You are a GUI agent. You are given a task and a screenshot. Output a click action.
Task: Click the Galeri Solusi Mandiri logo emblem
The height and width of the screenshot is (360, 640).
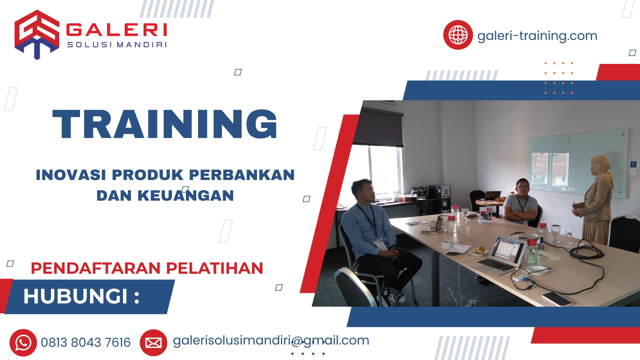click(x=37, y=34)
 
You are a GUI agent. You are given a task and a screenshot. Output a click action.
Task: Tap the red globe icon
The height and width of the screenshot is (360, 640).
click(x=458, y=35)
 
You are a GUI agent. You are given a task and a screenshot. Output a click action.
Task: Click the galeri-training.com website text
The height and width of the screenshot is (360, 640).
click(x=537, y=36)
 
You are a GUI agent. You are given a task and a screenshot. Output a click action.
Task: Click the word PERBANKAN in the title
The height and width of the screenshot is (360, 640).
click(x=242, y=175)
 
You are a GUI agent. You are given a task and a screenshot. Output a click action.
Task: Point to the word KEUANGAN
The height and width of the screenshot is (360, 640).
click(x=186, y=196)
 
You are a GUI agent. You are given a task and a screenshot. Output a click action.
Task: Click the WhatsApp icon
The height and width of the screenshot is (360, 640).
click(x=23, y=343)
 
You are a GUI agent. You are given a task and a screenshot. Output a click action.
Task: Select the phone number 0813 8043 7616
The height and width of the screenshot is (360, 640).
click(x=86, y=343)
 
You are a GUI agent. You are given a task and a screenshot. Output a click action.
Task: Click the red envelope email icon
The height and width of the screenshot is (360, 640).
click(x=153, y=343)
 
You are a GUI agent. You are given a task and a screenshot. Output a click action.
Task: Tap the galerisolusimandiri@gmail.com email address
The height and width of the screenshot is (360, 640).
click(x=271, y=340)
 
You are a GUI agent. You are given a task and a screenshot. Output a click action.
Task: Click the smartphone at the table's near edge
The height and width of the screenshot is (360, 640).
click(x=556, y=299)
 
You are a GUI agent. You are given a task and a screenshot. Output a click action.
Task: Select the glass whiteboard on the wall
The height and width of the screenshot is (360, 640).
click(x=577, y=163)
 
